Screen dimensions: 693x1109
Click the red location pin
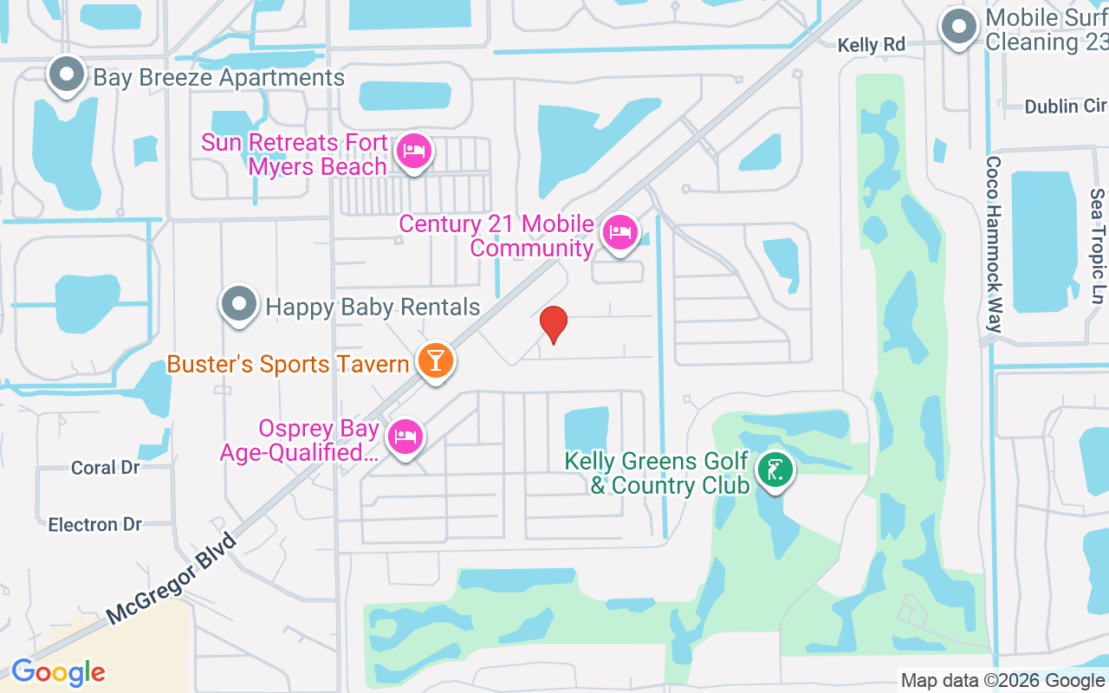point(553,325)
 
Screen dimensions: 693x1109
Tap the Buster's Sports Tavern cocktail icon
point(435,359)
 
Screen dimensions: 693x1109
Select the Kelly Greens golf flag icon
point(775,471)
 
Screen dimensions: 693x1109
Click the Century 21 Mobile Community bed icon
point(619,233)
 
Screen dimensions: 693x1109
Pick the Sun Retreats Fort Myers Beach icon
point(414,152)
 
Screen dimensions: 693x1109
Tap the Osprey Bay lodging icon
point(405,437)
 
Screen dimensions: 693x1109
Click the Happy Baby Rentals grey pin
point(239,305)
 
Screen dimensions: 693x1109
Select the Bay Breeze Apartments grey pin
point(67,75)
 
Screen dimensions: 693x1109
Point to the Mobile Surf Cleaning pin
point(958,28)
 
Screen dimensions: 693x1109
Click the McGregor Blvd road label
point(172,580)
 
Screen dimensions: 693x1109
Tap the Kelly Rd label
point(871,45)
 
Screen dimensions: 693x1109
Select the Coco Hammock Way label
point(994,244)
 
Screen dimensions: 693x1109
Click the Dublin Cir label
point(1065,107)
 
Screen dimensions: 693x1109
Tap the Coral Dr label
point(106,468)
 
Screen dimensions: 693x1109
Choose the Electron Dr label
point(95,525)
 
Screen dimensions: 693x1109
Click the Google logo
point(58,672)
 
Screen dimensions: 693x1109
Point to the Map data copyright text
point(1003,681)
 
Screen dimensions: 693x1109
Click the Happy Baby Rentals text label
point(373,307)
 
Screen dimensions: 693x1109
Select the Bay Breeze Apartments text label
point(218,78)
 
